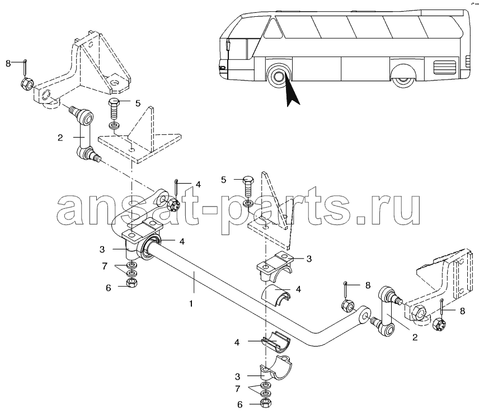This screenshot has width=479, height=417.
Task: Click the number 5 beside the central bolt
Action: (223, 180)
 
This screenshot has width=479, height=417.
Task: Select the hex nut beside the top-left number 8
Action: (25, 85)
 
